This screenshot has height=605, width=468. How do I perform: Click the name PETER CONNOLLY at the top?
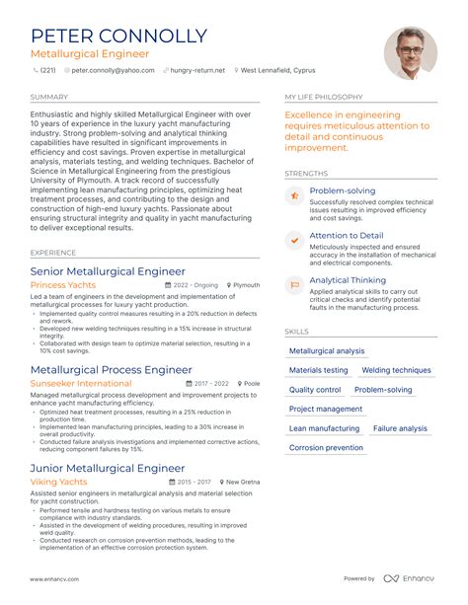pos(118,37)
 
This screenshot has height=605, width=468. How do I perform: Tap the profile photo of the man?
pos(410,53)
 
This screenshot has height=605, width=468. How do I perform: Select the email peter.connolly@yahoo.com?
pos(113,71)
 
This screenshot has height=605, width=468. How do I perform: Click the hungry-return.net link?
pos(197,71)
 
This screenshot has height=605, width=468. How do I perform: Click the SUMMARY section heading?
pos(49,98)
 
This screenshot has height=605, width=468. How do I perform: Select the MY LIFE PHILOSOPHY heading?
pos(324,98)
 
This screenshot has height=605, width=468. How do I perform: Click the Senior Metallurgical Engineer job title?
pos(108,270)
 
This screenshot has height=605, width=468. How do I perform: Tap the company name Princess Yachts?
pos(63,285)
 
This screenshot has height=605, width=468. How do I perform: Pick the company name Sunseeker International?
pos(81,383)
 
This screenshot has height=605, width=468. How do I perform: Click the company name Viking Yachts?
pos(59,482)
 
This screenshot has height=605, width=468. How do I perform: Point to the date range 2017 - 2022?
pos(212,383)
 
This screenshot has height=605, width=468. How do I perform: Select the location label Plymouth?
pos(247,285)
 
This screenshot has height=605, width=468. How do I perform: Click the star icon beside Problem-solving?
pos(294,195)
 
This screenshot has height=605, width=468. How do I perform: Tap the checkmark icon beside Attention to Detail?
pos(294,240)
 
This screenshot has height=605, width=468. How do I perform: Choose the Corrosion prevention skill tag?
pos(326,448)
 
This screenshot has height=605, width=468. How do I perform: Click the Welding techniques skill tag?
pos(396,370)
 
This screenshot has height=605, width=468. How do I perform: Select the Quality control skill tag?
pos(315,390)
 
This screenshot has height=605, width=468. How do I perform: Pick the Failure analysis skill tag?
pos(400,428)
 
